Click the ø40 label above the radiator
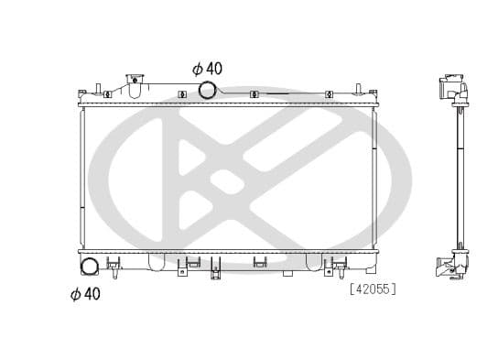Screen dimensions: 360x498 [207, 69]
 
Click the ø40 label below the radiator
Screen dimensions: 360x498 [85, 293]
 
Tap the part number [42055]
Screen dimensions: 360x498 [372, 289]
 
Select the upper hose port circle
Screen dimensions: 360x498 [208, 89]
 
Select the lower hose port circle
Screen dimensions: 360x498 [91, 267]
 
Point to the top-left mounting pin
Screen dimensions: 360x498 [82, 92]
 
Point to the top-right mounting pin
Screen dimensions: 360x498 [373, 91]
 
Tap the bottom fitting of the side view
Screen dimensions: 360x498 [452, 263]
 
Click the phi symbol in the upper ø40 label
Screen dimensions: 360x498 [196, 69]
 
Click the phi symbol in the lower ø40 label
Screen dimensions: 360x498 [75, 293]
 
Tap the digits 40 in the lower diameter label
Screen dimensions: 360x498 [92, 293]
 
